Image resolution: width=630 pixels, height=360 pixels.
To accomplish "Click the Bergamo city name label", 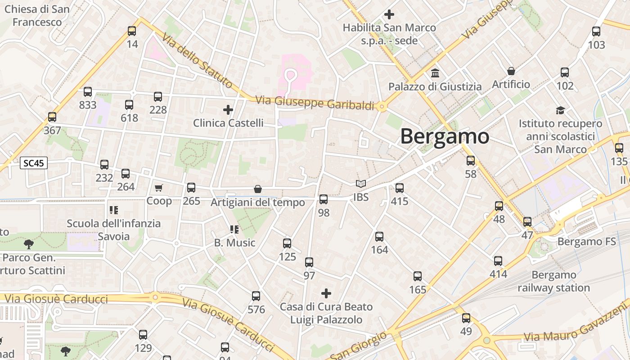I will pyautogui.click(x=444, y=136).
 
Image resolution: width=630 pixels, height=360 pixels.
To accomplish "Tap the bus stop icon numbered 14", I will pyautogui.click(x=132, y=31).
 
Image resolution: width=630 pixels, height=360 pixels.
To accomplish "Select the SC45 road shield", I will pyautogui.click(x=34, y=163).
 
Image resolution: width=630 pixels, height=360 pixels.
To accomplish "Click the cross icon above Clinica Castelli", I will pyautogui.click(x=228, y=109).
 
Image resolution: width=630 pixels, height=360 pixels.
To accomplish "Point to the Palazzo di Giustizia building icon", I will pyautogui.click(x=435, y=73).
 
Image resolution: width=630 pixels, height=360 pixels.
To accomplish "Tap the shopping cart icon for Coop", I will pyautogui.click(x=158, y=188).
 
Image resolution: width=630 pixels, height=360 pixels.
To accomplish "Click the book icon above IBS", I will pyautogui.click(x=360, y=184).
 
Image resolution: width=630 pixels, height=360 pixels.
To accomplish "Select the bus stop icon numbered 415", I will pyautogui.click(x=400, y=188).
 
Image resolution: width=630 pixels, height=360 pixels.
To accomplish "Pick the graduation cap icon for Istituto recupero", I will pyautogui.click(x=560, y=110).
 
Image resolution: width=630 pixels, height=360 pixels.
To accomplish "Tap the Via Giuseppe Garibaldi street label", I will pyautogui.click(x=315, y=103).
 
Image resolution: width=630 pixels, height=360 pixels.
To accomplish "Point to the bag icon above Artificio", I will pyautogui.click(x=511, y=71).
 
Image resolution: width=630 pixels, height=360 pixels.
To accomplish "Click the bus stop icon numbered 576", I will pyautogui.click(x=256, y=296).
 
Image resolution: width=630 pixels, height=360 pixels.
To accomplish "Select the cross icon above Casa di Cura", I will pyautogui.click(x=326, y=294).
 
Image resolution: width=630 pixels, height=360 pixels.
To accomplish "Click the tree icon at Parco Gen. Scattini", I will pyautogui.click(x=29, y=244).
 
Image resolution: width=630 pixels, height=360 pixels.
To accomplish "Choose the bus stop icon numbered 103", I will pyautogui.click(x=596, y=31).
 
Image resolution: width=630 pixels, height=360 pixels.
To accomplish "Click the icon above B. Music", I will pyautogui.click(x=234, y=229).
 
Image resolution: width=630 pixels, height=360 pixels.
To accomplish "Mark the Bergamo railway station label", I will pyautogui.click(x=553, y=281).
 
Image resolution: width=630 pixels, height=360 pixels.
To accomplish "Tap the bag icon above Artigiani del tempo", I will pyautogui.click(x=258, y=189).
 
